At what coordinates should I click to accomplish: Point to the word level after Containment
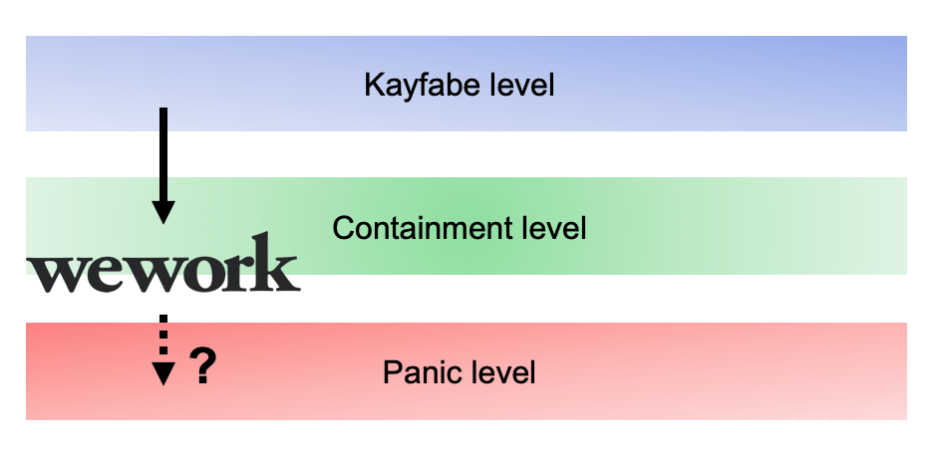555,229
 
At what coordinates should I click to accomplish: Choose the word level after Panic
504,373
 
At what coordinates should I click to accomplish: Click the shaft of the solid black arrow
163,154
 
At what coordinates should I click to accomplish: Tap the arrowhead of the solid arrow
163,212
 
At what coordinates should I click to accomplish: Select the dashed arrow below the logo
163,348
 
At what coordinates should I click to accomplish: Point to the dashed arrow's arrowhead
163,373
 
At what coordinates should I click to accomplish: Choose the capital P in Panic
391,373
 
